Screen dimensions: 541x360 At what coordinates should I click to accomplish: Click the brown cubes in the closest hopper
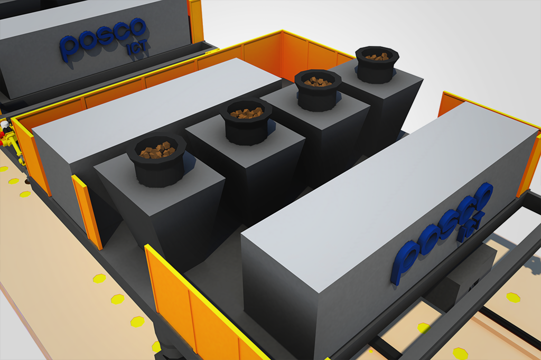click(x=157, y=150)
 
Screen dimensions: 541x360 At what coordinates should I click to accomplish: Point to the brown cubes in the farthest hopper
click(x=377, y=56)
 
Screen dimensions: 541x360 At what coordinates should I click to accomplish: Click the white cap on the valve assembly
click(x=4, y=124)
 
